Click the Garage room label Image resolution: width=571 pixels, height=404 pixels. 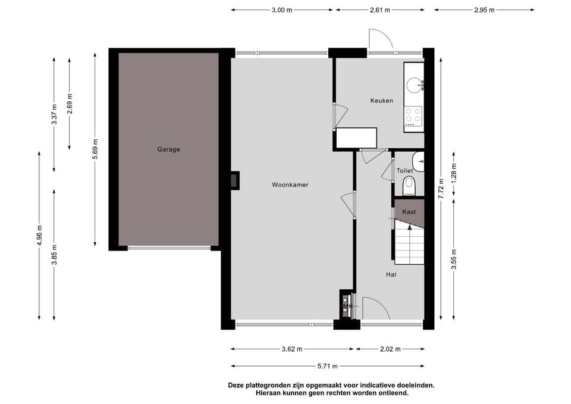click(168, 149)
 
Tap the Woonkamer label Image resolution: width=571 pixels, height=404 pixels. click(290, 185)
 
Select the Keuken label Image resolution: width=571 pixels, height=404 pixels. click(382, 101)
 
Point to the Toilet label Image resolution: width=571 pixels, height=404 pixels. click(404, 171)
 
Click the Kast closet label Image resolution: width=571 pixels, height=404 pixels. click(409, 212)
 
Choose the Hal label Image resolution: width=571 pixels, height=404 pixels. click(391, 275)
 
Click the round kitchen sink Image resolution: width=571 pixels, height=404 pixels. click(414, 85)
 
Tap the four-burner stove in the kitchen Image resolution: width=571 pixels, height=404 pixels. click(413, 115)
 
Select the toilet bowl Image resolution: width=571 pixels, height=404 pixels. click(409, 186)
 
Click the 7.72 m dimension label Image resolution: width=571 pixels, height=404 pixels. click(441, 189)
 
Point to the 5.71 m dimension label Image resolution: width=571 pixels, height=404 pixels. click(327, 366)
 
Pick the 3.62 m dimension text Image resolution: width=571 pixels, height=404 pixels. click(292, 349)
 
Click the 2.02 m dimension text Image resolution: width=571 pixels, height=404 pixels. click(390, 349)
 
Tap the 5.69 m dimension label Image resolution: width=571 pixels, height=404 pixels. click(95, 149)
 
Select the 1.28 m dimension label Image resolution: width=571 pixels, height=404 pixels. click(454, 174)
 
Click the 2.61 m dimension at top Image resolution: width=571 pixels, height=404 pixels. click(380, 10)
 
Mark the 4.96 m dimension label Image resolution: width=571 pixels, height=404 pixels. click(39, 236)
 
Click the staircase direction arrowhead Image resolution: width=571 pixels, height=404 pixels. click(410, 227)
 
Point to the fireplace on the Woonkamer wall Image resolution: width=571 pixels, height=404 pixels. click(234, 180)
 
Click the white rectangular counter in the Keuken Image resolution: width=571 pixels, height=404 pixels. click(356, 137)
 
